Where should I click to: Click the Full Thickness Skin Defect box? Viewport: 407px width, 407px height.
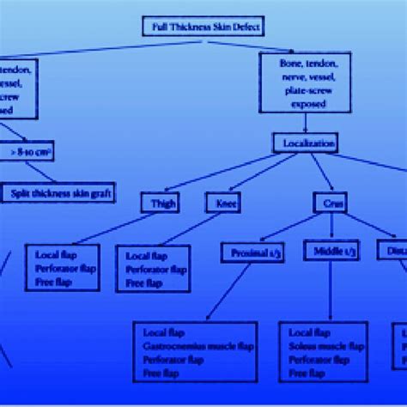[203, 26]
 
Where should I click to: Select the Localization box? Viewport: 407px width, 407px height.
[305, 143]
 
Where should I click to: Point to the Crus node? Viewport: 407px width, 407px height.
[330, 203]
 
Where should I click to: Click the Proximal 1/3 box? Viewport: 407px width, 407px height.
[257, 252]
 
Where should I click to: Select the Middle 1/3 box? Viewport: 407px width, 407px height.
[331, 251]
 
